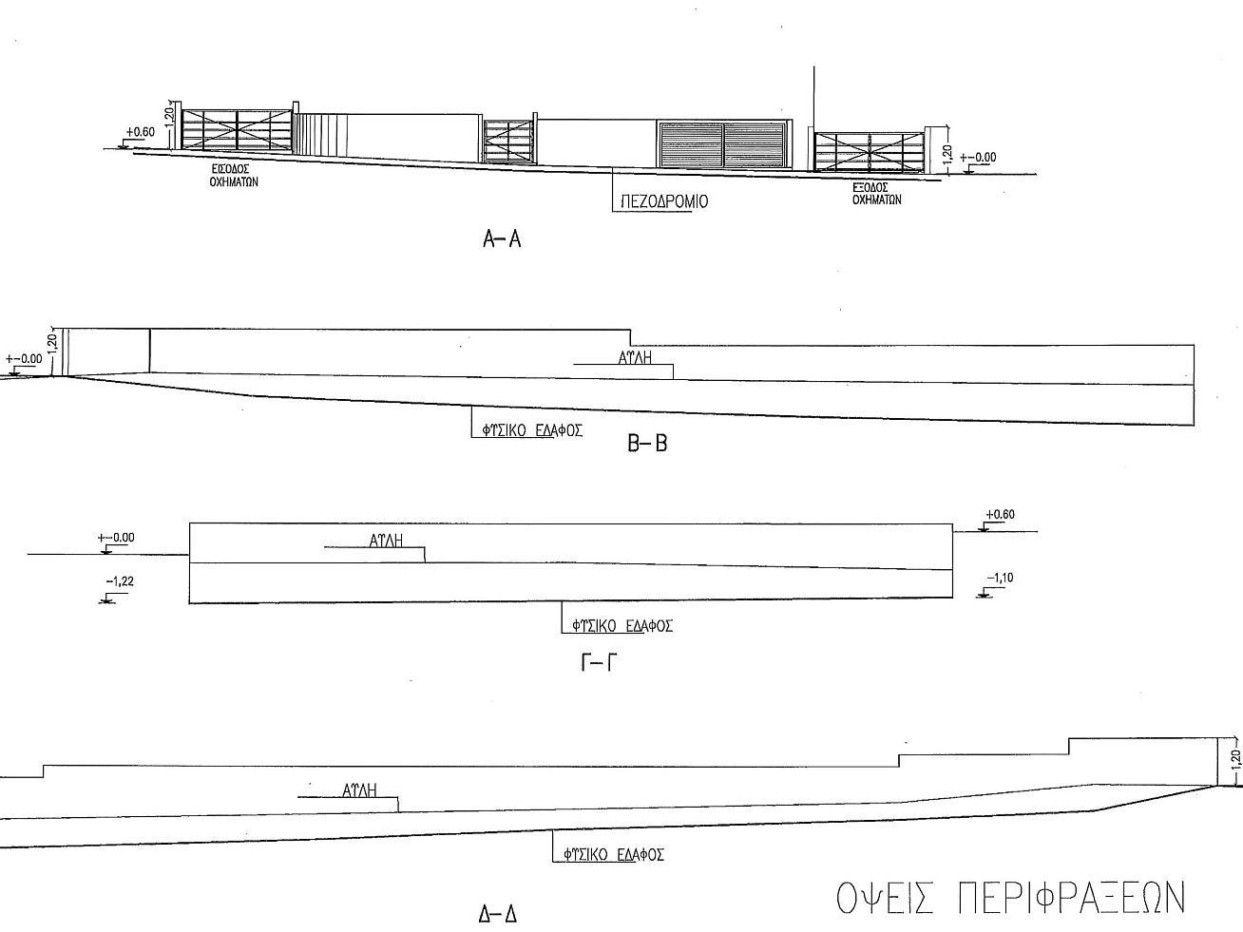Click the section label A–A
tap(502, 239)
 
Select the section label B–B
tap(648, 443)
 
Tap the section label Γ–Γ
tap(599, 662)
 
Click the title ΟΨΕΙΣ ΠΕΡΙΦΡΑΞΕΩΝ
tap(1010, 898)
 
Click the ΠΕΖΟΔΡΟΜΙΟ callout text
tap(664, 202)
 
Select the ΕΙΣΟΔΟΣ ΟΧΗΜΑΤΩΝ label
tap(234, 176)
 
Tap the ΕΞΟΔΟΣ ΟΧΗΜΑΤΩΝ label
tap(876, 194)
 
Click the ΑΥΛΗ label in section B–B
tap(635, 357)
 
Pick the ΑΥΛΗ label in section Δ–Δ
tap(359, 789)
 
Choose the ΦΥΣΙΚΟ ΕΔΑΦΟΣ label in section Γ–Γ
tap(622, 626)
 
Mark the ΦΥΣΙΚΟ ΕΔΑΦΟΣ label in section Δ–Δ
tap(614, 854)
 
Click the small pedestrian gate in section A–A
tap(508, 142)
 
